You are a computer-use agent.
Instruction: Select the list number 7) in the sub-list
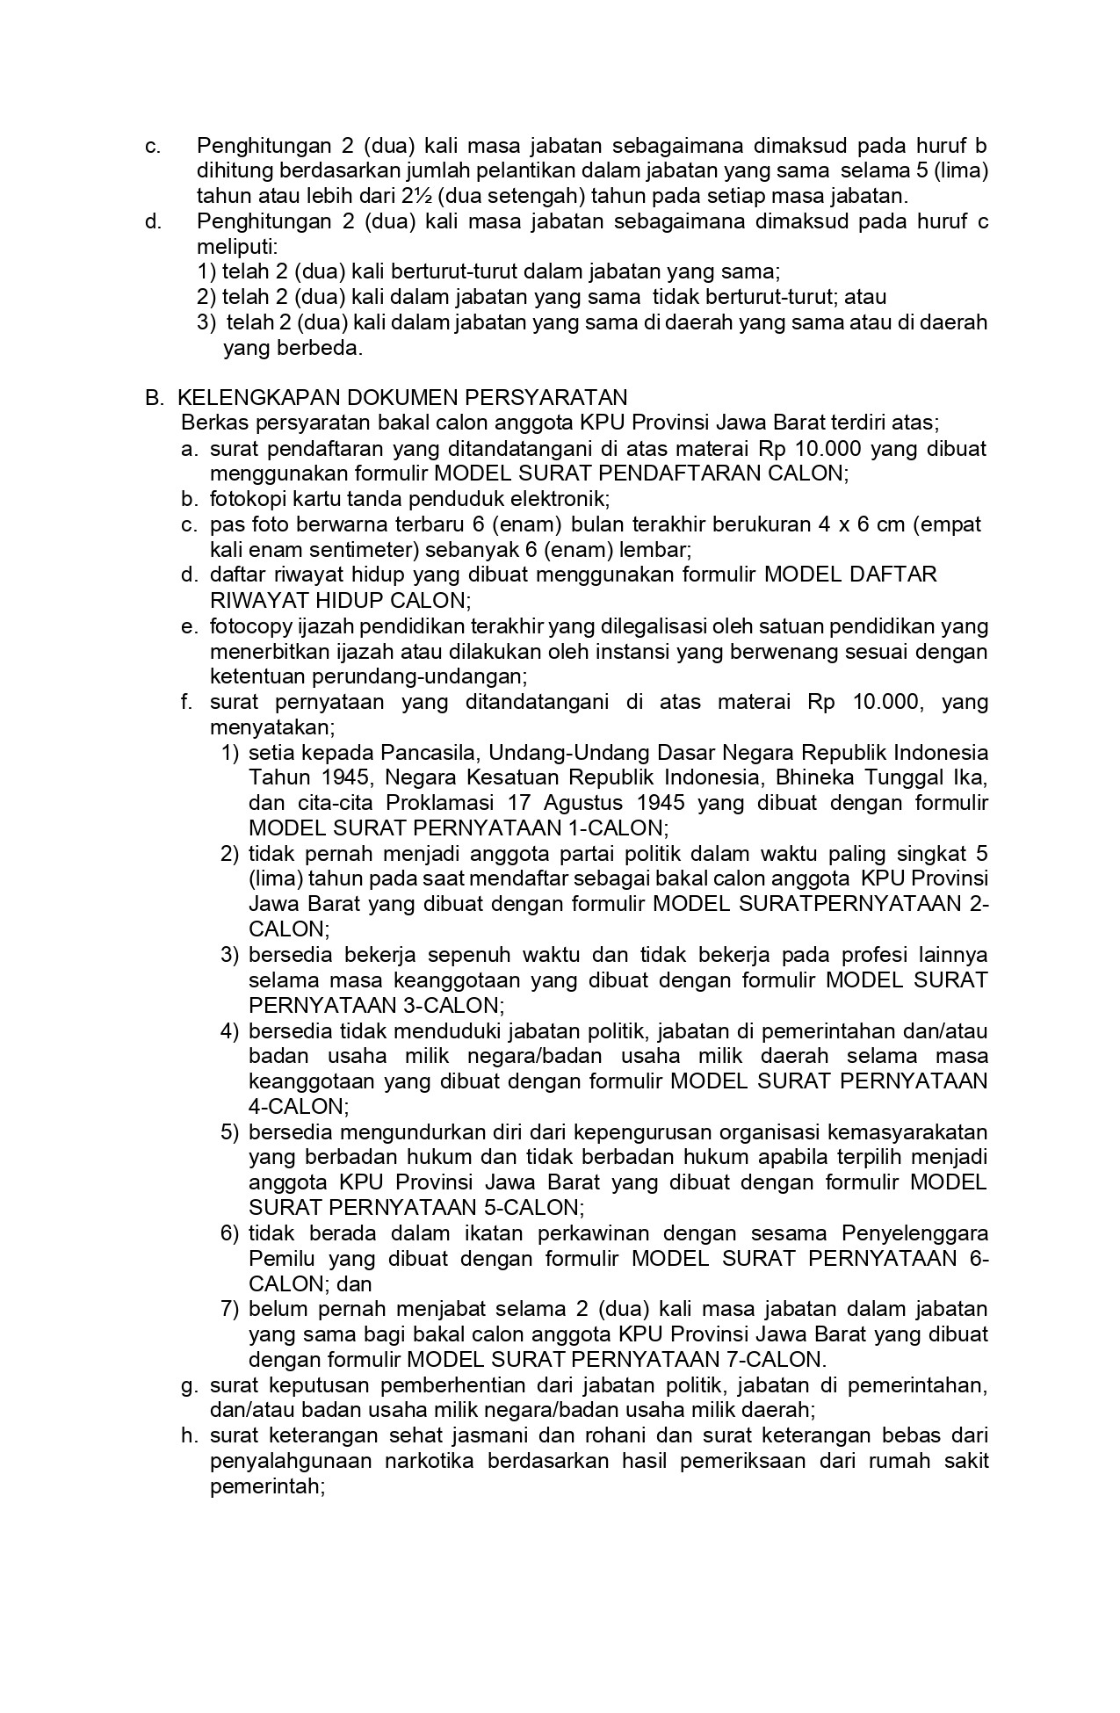click(229, 1309)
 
